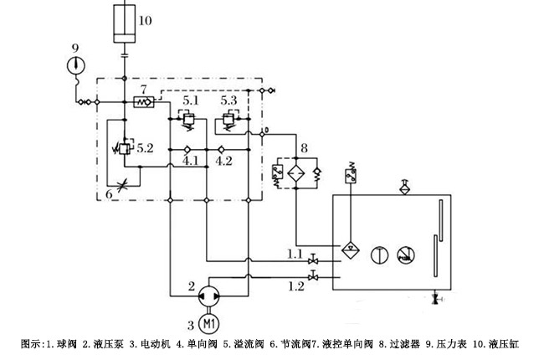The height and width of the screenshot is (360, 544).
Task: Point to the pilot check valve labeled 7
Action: (143, 102)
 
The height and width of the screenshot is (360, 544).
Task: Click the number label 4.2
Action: (224, 160)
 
